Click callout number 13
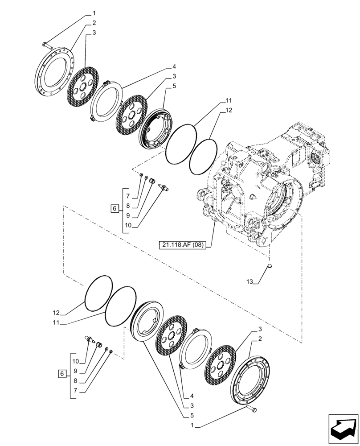[x=249, y=281]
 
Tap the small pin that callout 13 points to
[x=269, y=267]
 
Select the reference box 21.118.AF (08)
[x=182, y=245]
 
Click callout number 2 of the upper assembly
[x=94, y=22]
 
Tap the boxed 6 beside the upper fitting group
[x=114, y=208]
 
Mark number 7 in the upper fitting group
[x=127, y=196]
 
